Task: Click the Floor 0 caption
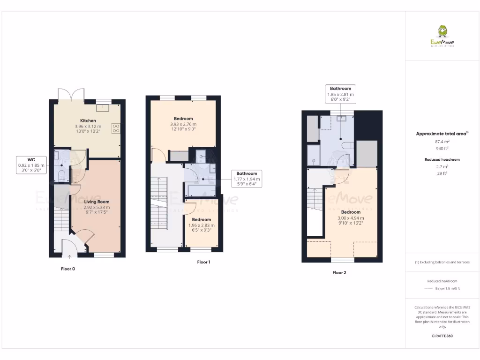click(67, 269)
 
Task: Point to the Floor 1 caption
click(203, 262)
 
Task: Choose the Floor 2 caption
click(339, 272)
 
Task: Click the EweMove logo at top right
click(442, 37)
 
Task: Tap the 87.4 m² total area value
click(442, 141)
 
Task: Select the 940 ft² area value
click(442, 148)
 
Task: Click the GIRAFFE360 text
click(442, 336)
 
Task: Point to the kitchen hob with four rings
click(116, 128)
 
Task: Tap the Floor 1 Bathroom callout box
click(247, 179)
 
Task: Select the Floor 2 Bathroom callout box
click(340, 94)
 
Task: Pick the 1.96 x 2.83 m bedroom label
click(200, 225)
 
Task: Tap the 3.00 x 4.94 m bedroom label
click(351, 217)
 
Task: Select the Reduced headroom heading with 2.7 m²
click(442, 159)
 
